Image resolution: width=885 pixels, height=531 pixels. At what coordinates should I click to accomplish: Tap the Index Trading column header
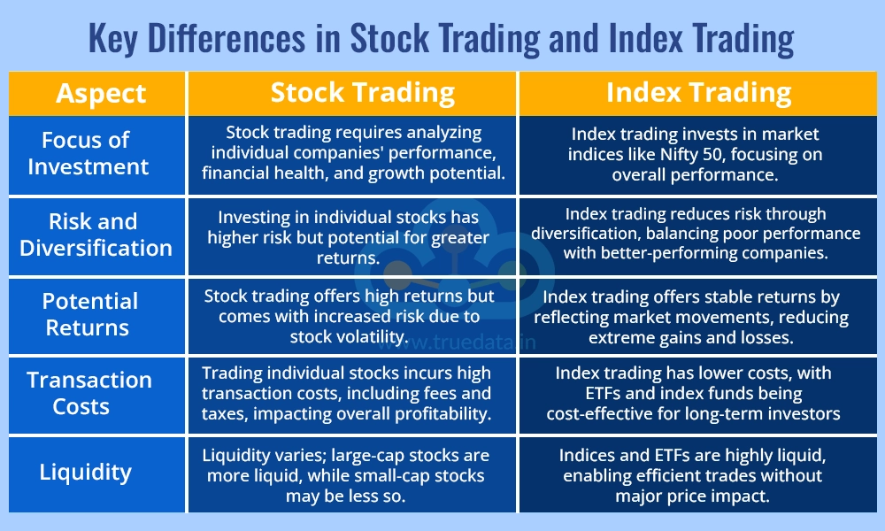698,93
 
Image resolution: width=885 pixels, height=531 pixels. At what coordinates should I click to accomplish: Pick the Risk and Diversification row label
96,235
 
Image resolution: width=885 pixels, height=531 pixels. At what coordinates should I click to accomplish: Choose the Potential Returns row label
89,314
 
